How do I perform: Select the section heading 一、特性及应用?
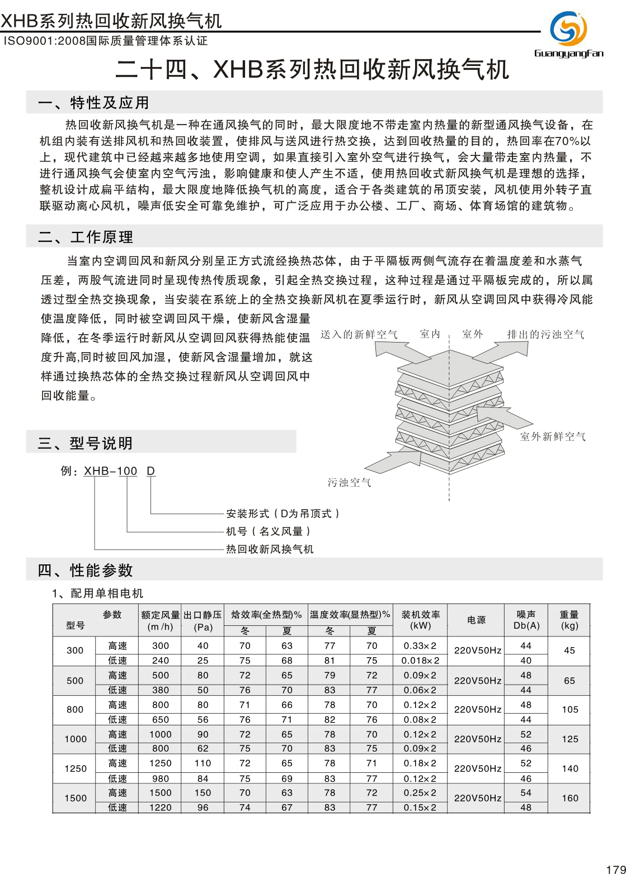pyautogui.click(x=93, y=103)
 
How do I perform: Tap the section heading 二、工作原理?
pyautogui.click(x=86, y=237)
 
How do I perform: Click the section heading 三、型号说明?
pyautogui.click(x=86, y=443)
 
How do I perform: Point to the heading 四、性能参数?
pyautogui.click(x=86, y=571)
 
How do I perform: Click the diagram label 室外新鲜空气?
pyautogui.click(x=553, y=436)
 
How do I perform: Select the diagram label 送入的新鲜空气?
pyautogui.click(x=359, y=334)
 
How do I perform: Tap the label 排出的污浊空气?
pyautogui.click(x=545, y=334)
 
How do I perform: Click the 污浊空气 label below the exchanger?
pyautogui.click(x=349, y=482)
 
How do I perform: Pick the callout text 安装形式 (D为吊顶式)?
pyautogui.click(x=283, y=513)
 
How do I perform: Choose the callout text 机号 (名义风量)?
pyautogui.click(x=268, y=531)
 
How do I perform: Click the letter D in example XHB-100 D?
pyautogui.click(x=150, y=471)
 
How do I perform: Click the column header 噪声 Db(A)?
pyautogui.click(x=526, y=620)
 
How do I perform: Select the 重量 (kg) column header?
pyautogui.click(x=569, y=620)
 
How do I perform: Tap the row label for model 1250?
pyautogui.click(x=75, y=768)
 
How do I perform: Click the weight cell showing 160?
pyautogui.click(x=569, y=798)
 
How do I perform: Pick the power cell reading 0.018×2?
pyautogui.click(x=420, y=661)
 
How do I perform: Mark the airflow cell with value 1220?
pyautogui.click(x=161, y=807)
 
